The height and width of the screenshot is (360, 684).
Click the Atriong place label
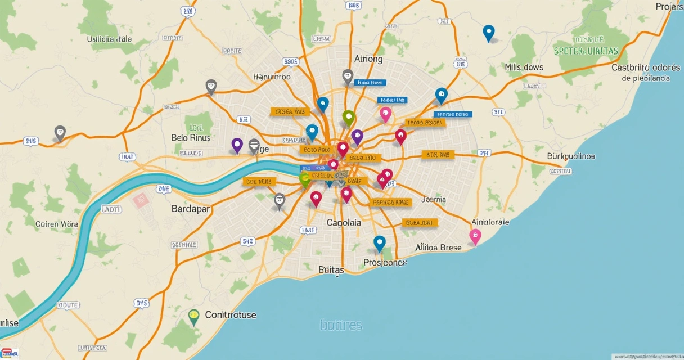click(368, 59)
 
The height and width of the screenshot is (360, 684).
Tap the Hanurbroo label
click(272, 77)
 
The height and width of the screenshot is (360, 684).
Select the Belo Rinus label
click(190, 138)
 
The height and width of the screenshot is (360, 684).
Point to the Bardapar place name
click(190, 209)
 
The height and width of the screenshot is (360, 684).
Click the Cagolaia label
click(344, 223)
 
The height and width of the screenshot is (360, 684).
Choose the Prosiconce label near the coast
click(385, 263)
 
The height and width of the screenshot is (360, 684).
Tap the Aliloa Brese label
click(438, 247)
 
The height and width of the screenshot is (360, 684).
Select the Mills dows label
click(524, 67)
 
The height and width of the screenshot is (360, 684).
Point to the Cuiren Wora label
click(57, 224)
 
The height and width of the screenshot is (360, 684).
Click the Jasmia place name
click(434, 199)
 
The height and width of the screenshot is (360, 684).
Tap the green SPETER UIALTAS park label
click(586, 51)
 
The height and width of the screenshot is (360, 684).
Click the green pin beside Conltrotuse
click(194, 316)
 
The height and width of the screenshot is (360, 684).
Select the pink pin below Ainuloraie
click(475, 236)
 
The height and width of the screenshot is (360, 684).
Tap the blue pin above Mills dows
click(489, 33)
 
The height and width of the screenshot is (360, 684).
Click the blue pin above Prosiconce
click(380, 242)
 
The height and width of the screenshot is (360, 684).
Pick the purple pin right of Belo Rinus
click(237, 145)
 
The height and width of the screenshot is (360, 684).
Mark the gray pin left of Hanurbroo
click(211, 86)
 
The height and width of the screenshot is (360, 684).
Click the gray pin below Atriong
click(348, 76)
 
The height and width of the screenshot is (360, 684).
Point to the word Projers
click(669, 7)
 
